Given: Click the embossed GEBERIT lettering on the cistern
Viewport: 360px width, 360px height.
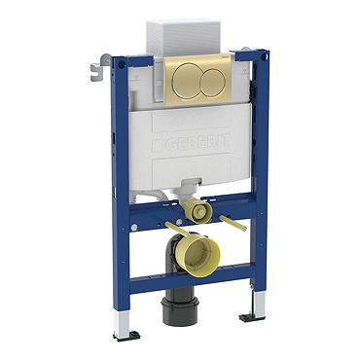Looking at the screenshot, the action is click(197, 143).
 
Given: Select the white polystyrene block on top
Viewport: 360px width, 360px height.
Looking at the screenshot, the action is click(184, 38).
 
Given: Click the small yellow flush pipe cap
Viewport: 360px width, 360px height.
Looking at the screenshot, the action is click(197, 210).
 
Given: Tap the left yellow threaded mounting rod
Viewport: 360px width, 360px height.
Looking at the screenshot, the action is click(177, 229).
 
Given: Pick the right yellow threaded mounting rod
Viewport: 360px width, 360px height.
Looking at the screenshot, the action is click(233, 223).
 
